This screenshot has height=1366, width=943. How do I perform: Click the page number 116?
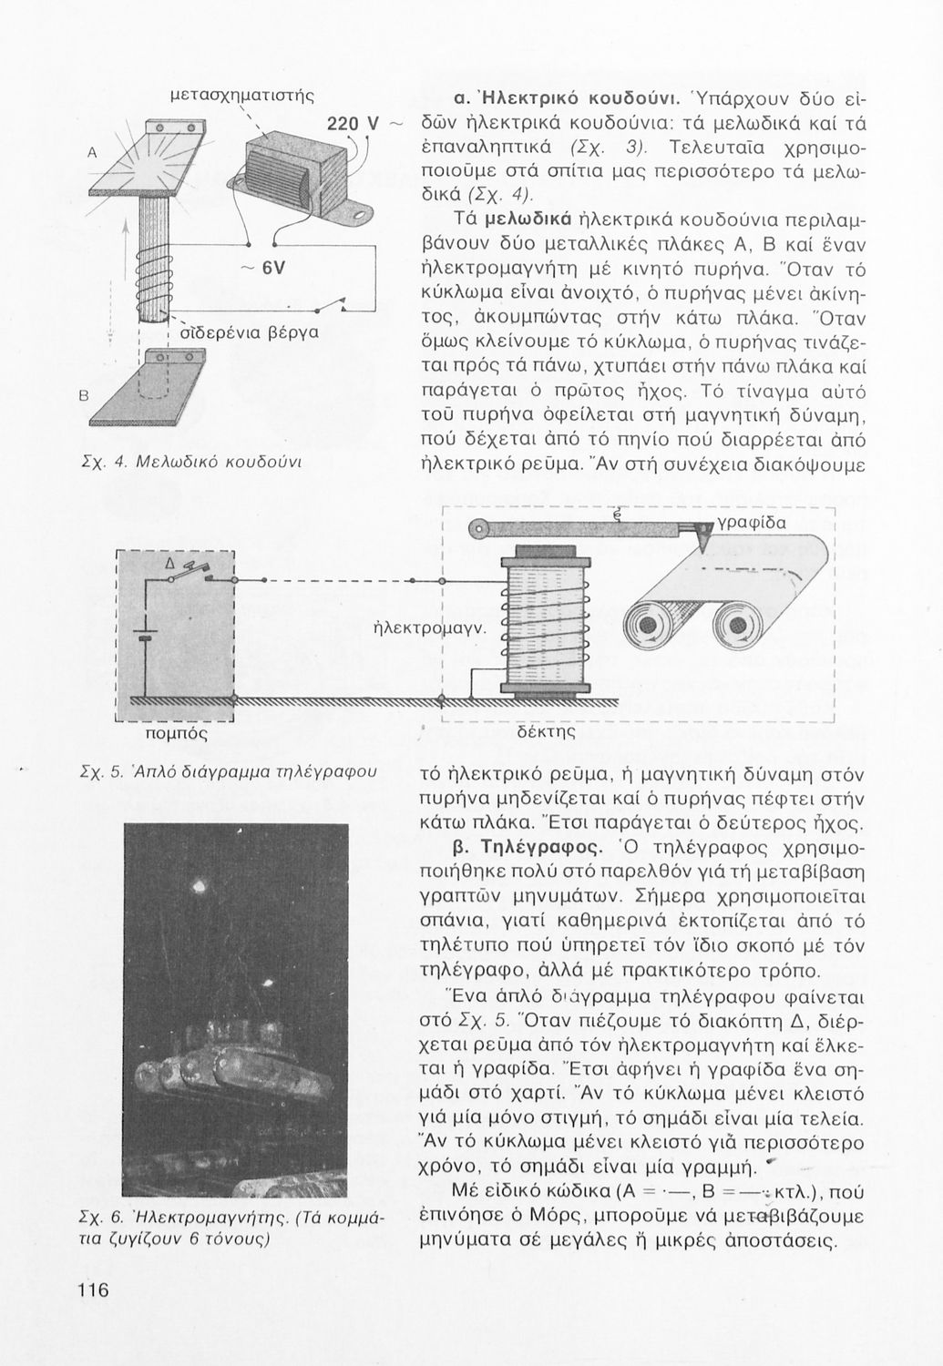pyautogui.click(x=93, y=1290)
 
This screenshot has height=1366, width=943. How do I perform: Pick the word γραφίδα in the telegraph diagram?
pyautogui.click(x=752, y=523)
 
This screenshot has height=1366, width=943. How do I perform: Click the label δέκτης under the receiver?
pyautogui.click(x=544, y=731)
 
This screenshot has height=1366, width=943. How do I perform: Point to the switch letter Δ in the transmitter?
pyautogui.click(x=169, y=565)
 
